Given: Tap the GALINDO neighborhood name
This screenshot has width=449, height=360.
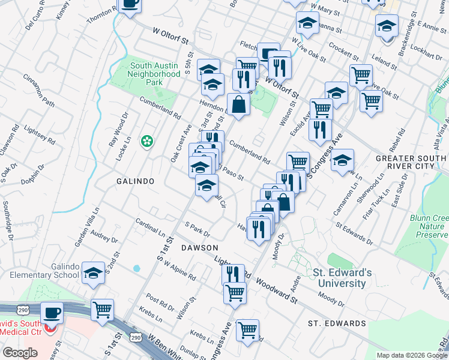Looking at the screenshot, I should [135, 181].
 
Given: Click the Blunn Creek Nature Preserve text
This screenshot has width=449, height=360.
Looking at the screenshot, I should [429, 227].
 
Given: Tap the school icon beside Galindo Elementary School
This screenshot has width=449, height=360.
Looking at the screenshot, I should [94, 273].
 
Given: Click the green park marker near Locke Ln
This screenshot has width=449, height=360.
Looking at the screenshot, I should [146, 141].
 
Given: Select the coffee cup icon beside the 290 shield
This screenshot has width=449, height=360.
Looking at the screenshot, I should [52, 313].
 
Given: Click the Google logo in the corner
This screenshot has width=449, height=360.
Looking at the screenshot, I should [20, 352].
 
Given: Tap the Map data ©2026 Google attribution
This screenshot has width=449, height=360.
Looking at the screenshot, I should [411, 355].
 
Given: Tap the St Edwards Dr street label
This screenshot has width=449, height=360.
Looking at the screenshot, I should [354, 234].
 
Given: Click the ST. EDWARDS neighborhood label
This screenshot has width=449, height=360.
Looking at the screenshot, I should [337, 323].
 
